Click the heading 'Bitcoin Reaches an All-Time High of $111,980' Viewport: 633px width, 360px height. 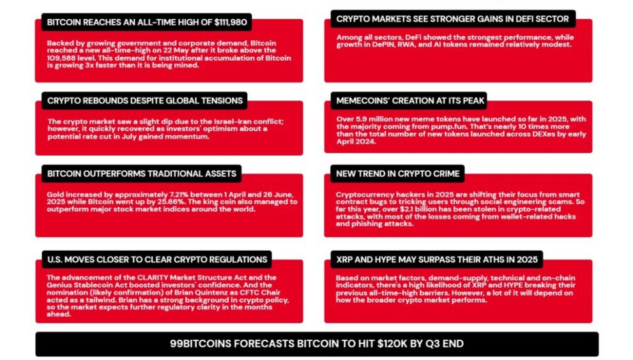(146, 22)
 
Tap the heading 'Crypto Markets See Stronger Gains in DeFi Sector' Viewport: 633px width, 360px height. (452, 19)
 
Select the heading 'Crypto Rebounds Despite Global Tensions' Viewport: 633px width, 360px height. (144, 100)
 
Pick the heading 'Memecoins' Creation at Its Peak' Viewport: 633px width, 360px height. (409, 100)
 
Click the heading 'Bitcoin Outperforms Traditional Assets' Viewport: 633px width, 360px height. (141, 174)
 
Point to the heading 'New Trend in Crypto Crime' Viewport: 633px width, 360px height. (398, 174)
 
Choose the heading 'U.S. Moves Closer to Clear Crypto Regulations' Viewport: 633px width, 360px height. (157, 260)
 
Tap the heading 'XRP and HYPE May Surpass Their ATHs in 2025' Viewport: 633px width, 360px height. (437, 260)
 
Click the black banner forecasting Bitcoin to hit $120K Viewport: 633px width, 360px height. (317, 344)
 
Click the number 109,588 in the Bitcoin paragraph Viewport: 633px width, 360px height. (61, 57)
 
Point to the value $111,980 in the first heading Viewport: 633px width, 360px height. (231, 22)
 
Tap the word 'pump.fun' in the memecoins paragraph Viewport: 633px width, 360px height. (404, 127)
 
